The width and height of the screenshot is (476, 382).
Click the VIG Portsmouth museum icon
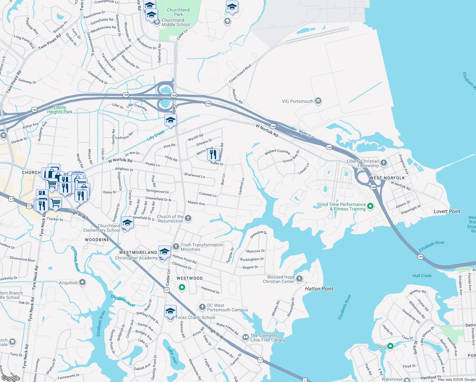point(318,101)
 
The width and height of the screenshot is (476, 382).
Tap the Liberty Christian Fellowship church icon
point(384,163)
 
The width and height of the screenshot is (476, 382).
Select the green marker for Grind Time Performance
point(370,206)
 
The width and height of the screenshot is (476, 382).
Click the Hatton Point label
point(319,289)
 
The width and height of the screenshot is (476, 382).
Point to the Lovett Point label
point(447,211)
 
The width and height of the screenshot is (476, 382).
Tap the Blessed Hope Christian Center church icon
point(299,279)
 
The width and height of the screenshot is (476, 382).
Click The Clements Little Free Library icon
point(245,337)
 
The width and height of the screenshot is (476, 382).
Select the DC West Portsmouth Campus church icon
point(202,307)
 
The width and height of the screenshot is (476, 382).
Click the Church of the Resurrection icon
point(188,218)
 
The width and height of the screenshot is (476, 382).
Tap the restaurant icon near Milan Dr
point(213,155)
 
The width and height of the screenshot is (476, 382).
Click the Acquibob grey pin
point(82,282)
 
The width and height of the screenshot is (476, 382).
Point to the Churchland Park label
point(178,12)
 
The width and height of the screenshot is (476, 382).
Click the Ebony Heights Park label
point(59,110)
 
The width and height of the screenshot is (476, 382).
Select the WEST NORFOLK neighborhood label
point(387,178)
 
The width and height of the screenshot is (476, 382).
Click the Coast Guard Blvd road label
point(240,74)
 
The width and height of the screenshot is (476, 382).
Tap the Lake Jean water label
point(172,355)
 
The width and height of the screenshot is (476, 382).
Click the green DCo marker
point(390,346)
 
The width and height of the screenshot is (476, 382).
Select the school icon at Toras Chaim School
point(170,311)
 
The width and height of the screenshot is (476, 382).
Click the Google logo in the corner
point(10,378)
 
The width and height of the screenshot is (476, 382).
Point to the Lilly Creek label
point(156,135)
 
